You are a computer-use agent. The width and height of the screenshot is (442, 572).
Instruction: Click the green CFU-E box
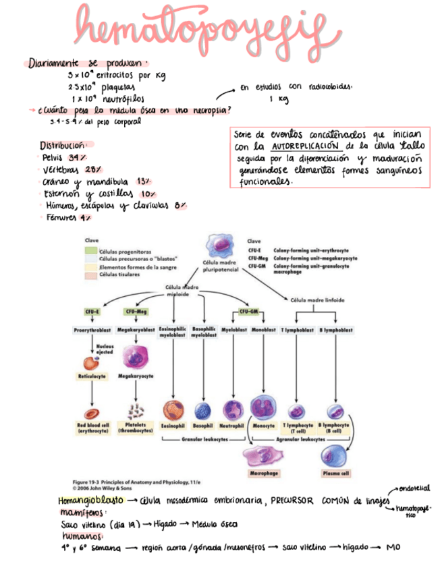point(92,312)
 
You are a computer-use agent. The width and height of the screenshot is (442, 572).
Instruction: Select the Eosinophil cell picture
point(173,410)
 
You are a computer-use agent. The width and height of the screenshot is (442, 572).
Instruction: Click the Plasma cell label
point(335,474)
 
